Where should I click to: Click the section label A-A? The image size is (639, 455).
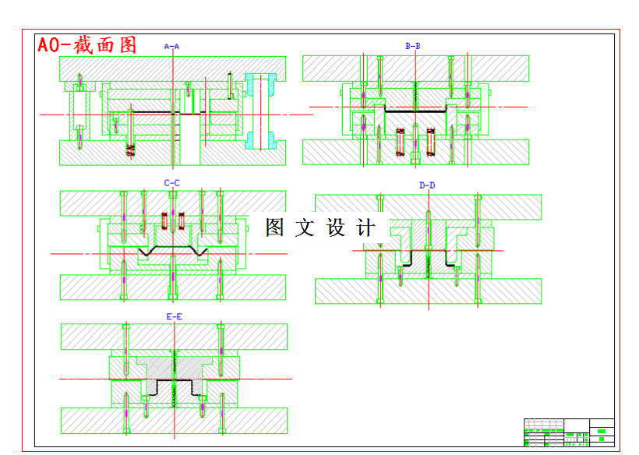(x=171, y=47)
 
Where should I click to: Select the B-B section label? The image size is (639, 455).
(x=413, y=46)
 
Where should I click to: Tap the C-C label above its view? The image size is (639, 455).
(x=171, y=183)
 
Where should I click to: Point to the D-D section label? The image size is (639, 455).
(x=427, y=185)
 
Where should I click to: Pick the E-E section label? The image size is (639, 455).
(x=175, y=317)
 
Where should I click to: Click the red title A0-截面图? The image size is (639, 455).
(x=87, y=45)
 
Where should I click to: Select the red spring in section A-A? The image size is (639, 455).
(x=131, y=148)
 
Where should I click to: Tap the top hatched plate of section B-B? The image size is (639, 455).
(x=415, y=68)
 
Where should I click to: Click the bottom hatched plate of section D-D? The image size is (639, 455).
(x=428, y=291)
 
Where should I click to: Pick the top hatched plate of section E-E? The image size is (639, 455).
(x=174, y=337)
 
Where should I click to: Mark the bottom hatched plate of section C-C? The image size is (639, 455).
(x=172, y=287)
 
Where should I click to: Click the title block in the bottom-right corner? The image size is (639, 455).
(x=569, y=432)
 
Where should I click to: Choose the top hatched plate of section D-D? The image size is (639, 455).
(x=428, y=206)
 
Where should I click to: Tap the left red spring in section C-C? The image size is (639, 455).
(x=164, y=220)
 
